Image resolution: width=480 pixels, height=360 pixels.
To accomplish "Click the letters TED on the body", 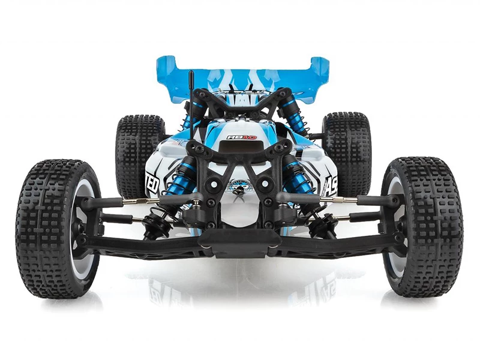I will (x=152, y=182).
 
